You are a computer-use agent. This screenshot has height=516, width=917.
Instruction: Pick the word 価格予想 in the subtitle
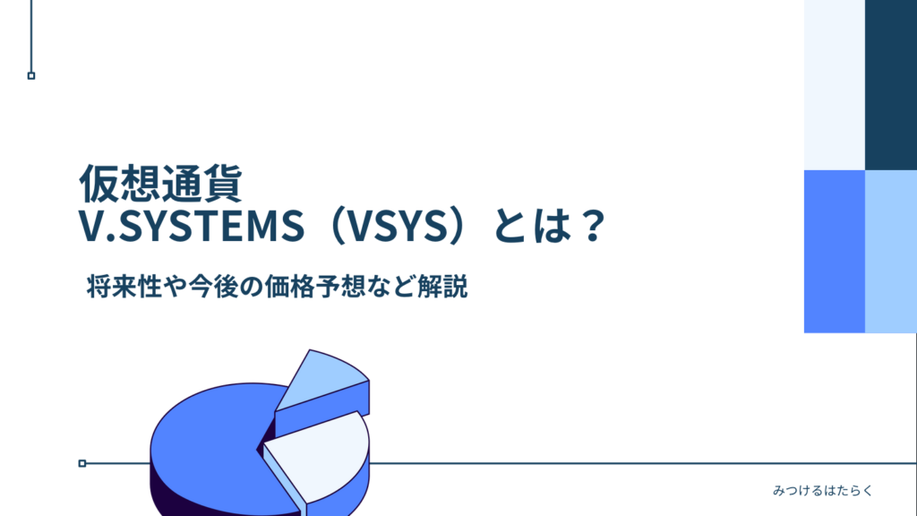click(340, 288)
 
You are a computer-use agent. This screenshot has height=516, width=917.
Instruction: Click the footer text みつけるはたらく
click(821, 491)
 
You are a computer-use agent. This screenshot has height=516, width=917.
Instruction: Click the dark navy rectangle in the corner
click(891, 85)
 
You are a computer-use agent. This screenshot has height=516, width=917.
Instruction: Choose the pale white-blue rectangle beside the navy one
click(835, 85)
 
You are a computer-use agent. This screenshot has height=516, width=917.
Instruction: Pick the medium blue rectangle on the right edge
click(835, 251)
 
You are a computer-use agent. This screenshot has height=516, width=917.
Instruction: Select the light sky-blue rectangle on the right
click(891, 251)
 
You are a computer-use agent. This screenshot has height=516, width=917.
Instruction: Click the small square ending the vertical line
click(31, 76)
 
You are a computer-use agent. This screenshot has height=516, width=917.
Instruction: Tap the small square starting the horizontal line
click(82, 463)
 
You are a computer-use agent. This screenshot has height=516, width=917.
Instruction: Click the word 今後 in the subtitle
click(216, 288)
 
